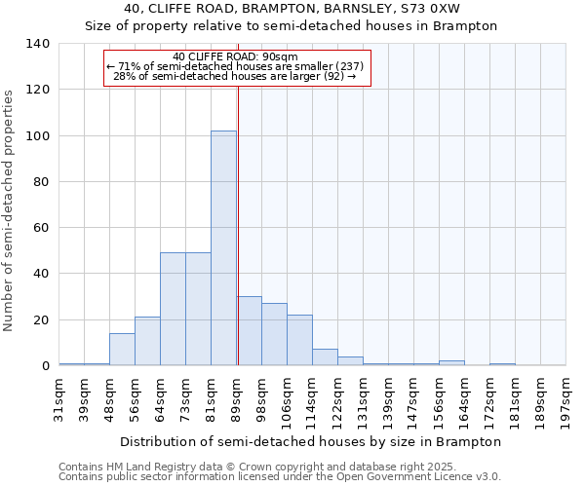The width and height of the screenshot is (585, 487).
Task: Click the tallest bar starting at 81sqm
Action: [223, 248]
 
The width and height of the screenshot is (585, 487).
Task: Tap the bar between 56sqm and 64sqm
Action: [147, 342]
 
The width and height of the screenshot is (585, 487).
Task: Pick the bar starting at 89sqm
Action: [249, 331]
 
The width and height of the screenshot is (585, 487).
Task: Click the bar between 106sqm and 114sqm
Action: [299, 341]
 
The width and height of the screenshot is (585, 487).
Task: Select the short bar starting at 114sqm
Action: [325, 357]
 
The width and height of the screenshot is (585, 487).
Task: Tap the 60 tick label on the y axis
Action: [41, 228]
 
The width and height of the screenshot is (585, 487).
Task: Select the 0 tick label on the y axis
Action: [45, 366]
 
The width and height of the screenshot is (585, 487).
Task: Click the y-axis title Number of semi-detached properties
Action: [9, 210]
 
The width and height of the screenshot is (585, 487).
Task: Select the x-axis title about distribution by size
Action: [311, 441]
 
